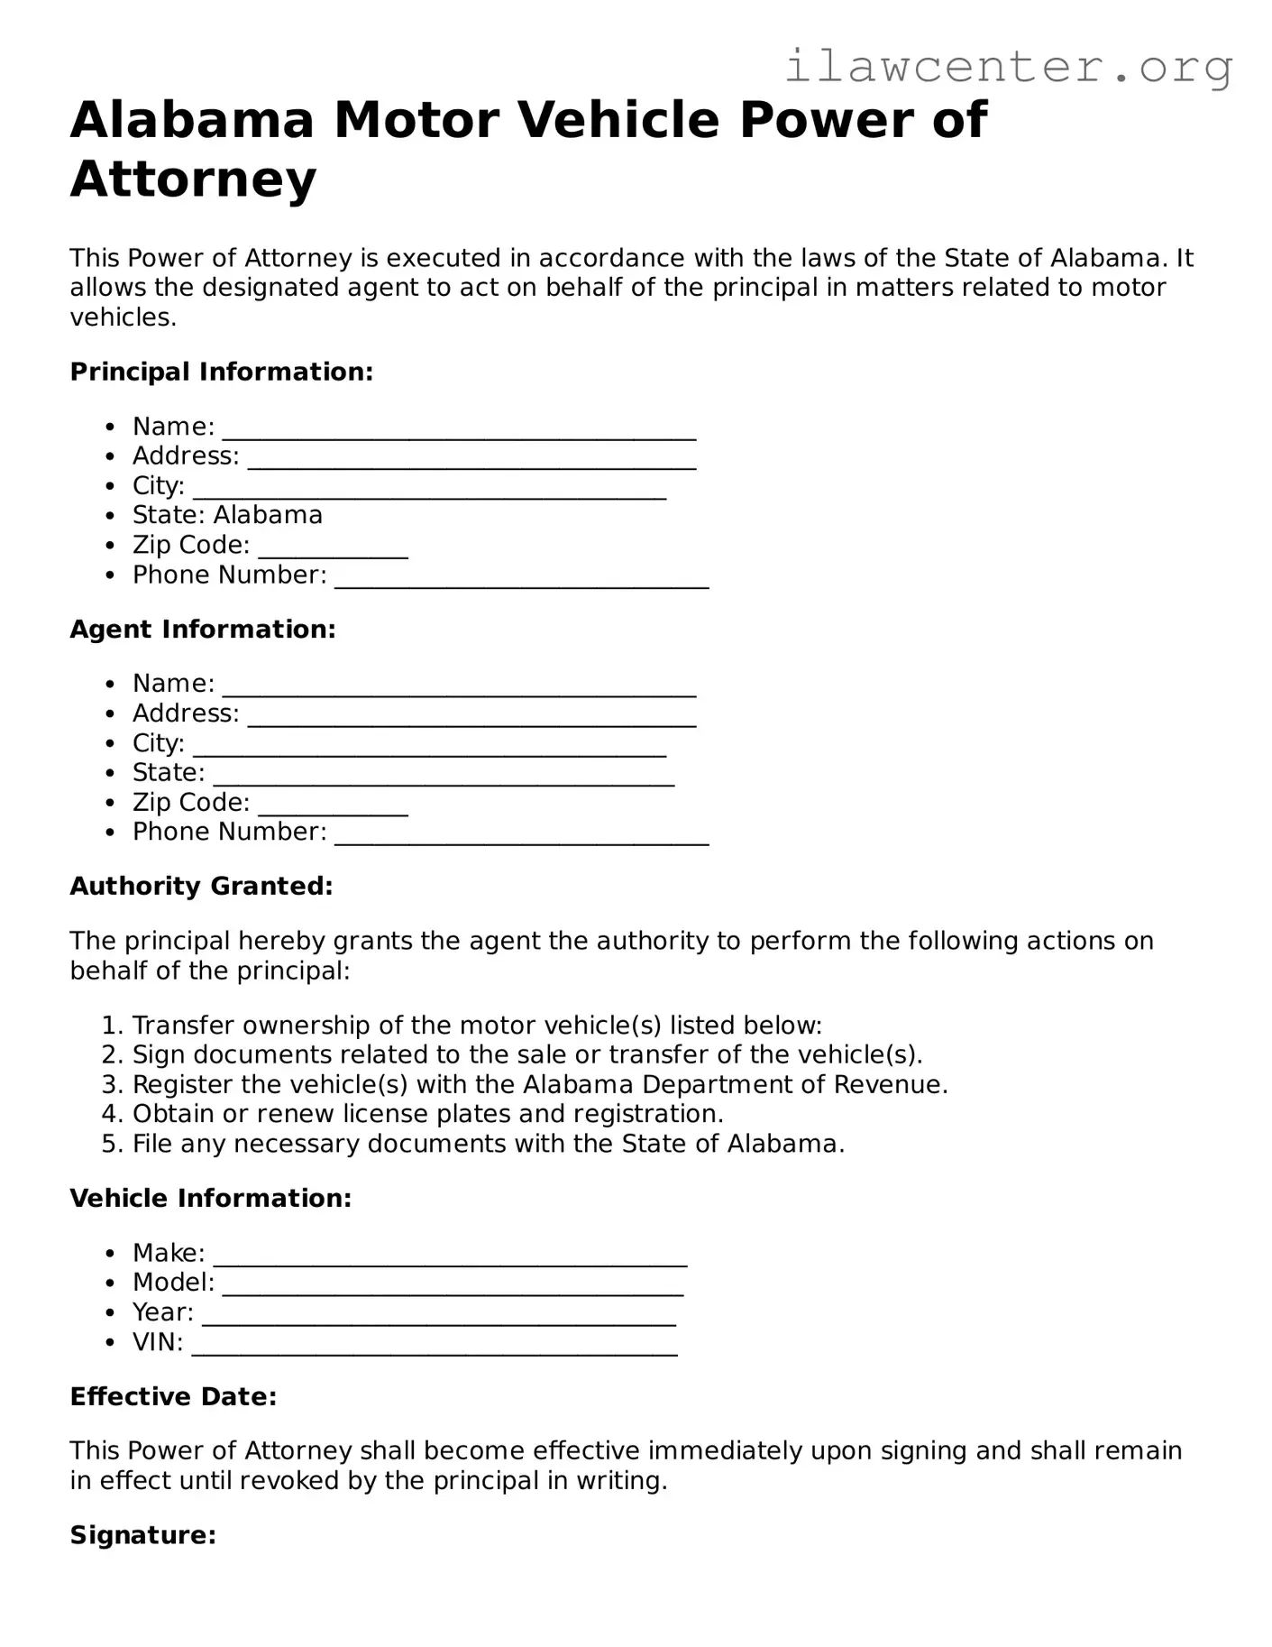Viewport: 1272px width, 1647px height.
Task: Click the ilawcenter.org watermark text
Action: point(1008,67)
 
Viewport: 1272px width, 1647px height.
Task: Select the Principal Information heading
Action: point(221,372)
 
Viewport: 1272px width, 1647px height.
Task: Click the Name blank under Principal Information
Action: point(459,429)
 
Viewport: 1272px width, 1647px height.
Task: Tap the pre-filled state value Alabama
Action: point(268,515)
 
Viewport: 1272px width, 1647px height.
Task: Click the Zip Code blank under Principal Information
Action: point(333,547)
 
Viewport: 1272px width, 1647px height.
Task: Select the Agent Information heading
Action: point(202,629)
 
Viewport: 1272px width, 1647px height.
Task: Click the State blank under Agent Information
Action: point(444,776)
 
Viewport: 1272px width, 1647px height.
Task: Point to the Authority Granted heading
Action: point(201,886)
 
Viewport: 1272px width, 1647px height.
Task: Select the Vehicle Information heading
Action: point(210,1198)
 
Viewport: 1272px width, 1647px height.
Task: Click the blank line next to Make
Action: point(450,1256)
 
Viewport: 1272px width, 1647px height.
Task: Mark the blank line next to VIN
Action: point(435,1344)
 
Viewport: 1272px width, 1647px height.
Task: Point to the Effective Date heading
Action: point(173,1396)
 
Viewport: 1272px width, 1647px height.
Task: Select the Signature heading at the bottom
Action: point(142,1535)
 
